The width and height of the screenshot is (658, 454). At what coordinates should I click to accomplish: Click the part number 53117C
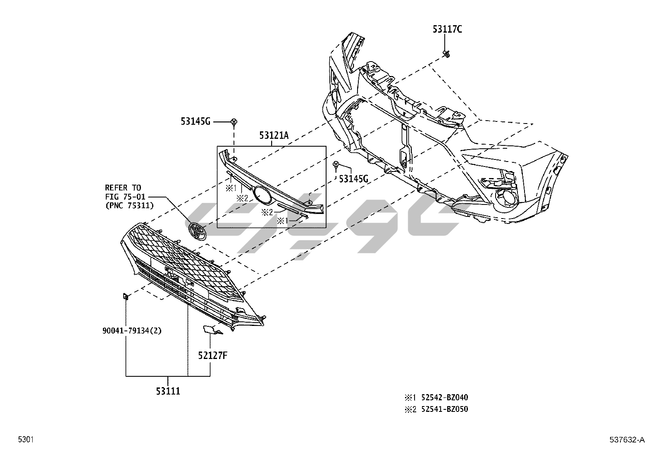[447, 29]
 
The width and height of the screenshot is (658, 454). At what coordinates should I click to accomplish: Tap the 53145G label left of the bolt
[195, 121]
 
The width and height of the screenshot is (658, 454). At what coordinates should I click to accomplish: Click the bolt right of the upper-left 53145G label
[234, 121]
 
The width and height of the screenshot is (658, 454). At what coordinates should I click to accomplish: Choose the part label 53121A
[274, 135]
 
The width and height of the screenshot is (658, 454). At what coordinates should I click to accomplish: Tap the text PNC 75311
[130, 205]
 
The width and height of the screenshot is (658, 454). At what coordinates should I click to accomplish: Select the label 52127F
[212, 355]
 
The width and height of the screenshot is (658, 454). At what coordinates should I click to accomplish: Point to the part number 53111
[168, 390]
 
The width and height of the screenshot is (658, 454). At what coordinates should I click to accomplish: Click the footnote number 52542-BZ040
[444, 398]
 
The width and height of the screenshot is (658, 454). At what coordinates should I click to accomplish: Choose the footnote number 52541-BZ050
[444, 409]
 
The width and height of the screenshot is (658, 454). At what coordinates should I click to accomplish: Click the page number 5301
[25, 440]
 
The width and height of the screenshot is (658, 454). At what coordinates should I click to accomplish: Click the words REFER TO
[123, 188]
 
